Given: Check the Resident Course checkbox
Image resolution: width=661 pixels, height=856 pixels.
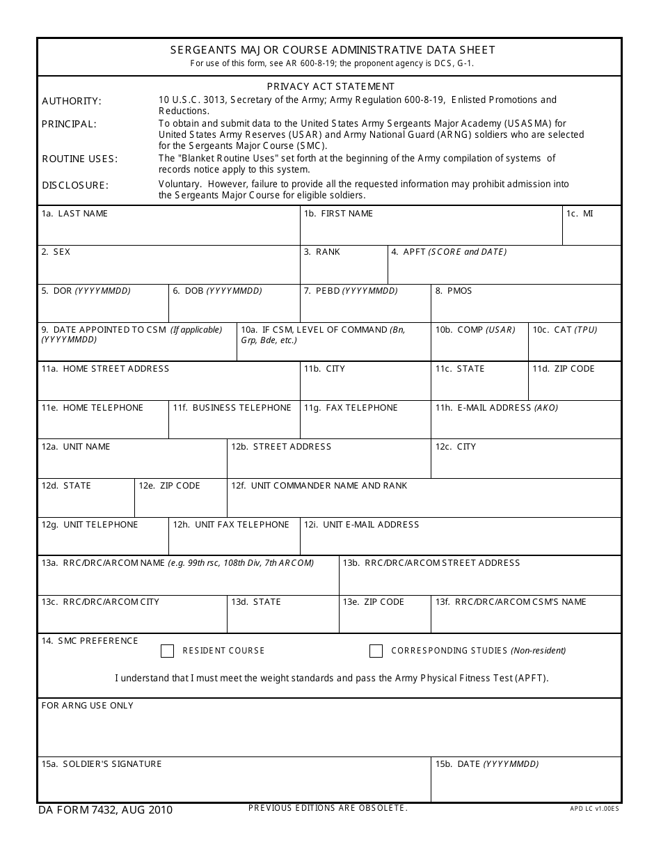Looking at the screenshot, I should pyautogui.click(x=167, y=651).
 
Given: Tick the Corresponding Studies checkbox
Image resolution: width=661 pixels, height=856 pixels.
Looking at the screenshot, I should pyautogui.click(x=376, y=651).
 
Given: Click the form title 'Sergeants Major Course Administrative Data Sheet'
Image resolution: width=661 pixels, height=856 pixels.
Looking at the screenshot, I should pyautogui.click(x=333, y=49).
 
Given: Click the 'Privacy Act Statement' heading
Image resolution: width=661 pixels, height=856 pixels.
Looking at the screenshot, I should pyautogui.click(x=330, y=86).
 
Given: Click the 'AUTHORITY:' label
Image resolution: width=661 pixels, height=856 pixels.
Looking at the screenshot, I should pyautogui.click(x=72, y=102).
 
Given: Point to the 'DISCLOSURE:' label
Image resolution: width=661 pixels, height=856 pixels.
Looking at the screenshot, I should pyautogui.click(x=75, y=185).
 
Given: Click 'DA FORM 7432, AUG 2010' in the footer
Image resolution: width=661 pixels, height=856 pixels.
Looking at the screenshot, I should pyautogui.click(x=105, y=810).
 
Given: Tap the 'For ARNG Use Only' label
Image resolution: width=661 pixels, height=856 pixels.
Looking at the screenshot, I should pyautogui.click(x=88, y=706).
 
